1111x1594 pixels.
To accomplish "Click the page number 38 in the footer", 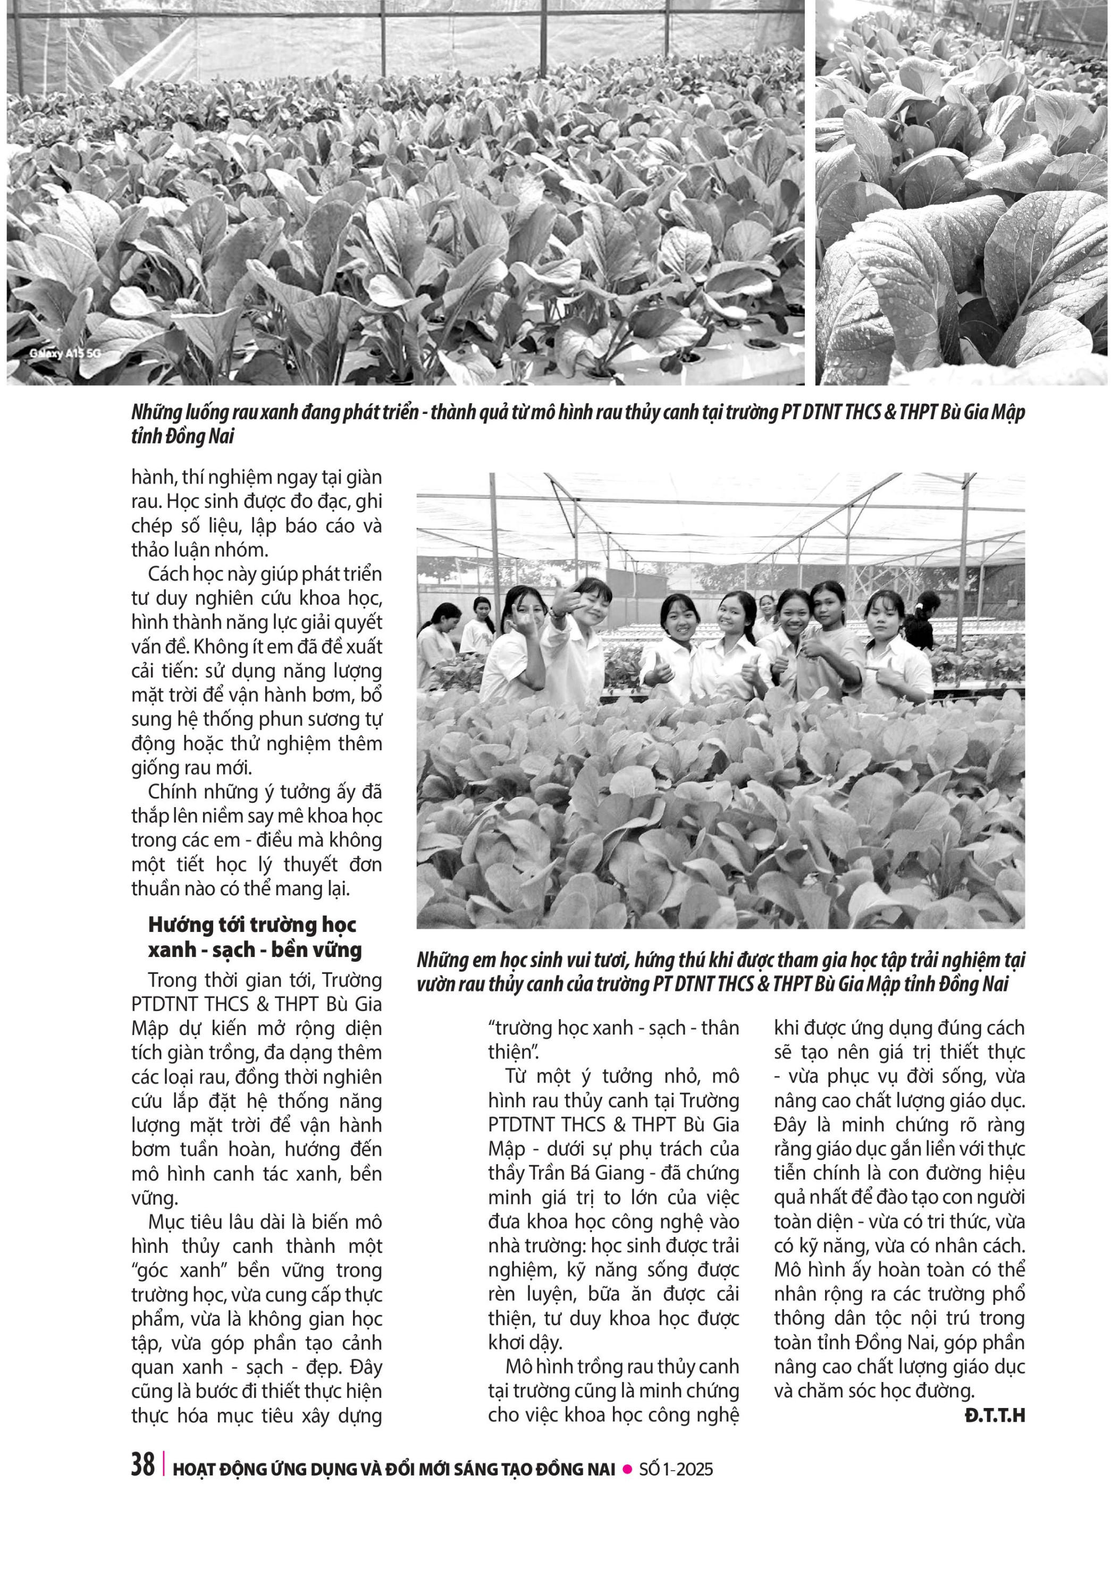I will click(143, 1464).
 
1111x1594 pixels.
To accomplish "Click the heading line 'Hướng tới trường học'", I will click(252, 924).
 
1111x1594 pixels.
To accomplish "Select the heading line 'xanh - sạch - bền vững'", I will click(255, 949).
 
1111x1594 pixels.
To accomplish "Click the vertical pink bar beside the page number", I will click(164, 1465).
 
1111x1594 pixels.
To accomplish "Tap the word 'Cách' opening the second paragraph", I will click(167, 574).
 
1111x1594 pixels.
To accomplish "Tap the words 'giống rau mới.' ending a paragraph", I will click(192, 767).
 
